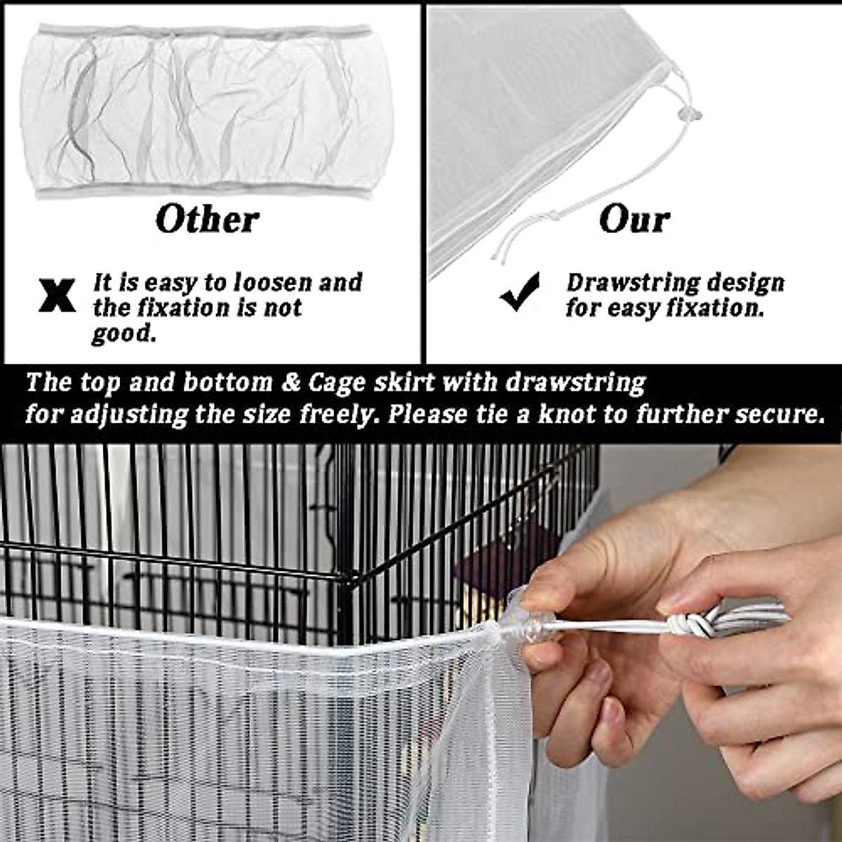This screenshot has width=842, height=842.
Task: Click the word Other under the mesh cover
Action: pos(207,220)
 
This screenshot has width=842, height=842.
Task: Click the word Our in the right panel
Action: pos(634,220)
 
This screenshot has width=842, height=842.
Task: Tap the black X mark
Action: pos(58,295)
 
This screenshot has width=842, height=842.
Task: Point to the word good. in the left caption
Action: pos(123,334)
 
